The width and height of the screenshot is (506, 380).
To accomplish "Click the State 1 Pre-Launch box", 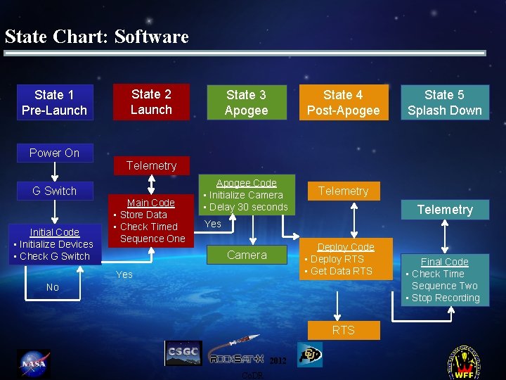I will point(55,103).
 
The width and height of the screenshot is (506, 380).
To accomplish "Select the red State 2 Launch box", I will point(151,102).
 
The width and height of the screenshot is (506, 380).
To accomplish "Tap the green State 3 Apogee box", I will point(246,103).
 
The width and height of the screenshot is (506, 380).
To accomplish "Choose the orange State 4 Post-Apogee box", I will point(343,103).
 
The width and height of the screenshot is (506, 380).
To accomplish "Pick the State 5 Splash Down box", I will point(444,103).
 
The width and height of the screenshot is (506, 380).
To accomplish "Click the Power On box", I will point(54,153).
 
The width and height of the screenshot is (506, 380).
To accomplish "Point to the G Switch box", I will point(54,191).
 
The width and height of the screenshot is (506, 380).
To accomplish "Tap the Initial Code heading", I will point(54,232).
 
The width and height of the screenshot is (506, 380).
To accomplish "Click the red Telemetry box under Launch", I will point(151,166).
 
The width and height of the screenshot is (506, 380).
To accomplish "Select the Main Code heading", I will point(150,203).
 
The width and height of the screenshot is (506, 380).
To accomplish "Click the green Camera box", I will point(247,255).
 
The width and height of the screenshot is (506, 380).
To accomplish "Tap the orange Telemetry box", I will point(343,191).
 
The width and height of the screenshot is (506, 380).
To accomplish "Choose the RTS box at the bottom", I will point(343,330).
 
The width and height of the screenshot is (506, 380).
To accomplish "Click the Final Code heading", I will point(444,262).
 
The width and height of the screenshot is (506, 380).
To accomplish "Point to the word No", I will point(53,287).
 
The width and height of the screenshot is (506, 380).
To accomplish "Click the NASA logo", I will point(33,364).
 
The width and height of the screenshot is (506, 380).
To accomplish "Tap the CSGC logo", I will point(183,353).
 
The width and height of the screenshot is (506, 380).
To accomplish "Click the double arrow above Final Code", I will point(445,234).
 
